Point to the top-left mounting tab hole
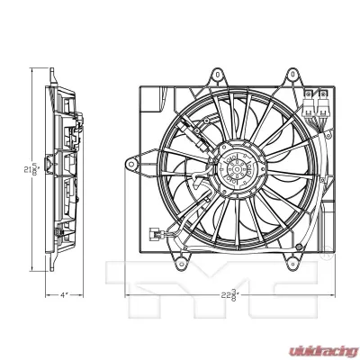click(x=217, y=76)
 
